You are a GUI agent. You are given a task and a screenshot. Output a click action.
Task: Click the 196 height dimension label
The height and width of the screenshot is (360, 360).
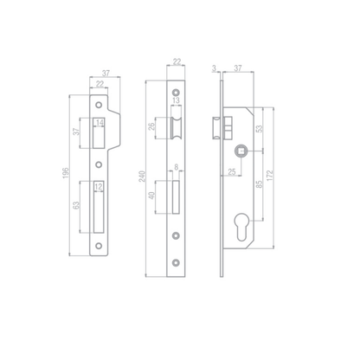pyautogui.click(x=66, y=173)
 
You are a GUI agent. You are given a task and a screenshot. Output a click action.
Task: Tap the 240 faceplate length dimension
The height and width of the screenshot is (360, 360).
pyautogui.click(x=143, y=177)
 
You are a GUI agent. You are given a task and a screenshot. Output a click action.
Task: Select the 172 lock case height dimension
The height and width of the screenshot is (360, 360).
pyautogui.click(x=269, y=176)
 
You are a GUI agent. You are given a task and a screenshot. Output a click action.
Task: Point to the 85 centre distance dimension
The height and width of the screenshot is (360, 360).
pyautogui.click(x=260, y=184)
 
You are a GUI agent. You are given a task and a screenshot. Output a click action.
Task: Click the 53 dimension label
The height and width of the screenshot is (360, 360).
pyautogui.click(x=260, y=128)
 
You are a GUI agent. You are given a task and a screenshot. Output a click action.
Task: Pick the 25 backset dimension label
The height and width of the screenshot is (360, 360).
pyautogui.click(x=232, y=172)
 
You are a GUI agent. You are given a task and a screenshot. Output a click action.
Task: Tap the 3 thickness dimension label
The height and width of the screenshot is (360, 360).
pyautogui.click(x=214, y=68)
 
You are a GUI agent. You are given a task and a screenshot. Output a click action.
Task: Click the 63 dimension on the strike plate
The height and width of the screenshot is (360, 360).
pyautogui.click(x=76, y=205)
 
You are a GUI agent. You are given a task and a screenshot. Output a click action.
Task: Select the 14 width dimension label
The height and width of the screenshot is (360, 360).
pyautogui.click(x=100, y=123)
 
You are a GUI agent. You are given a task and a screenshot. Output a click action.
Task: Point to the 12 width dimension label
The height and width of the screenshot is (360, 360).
pyautogui.click(x=99, y=187)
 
